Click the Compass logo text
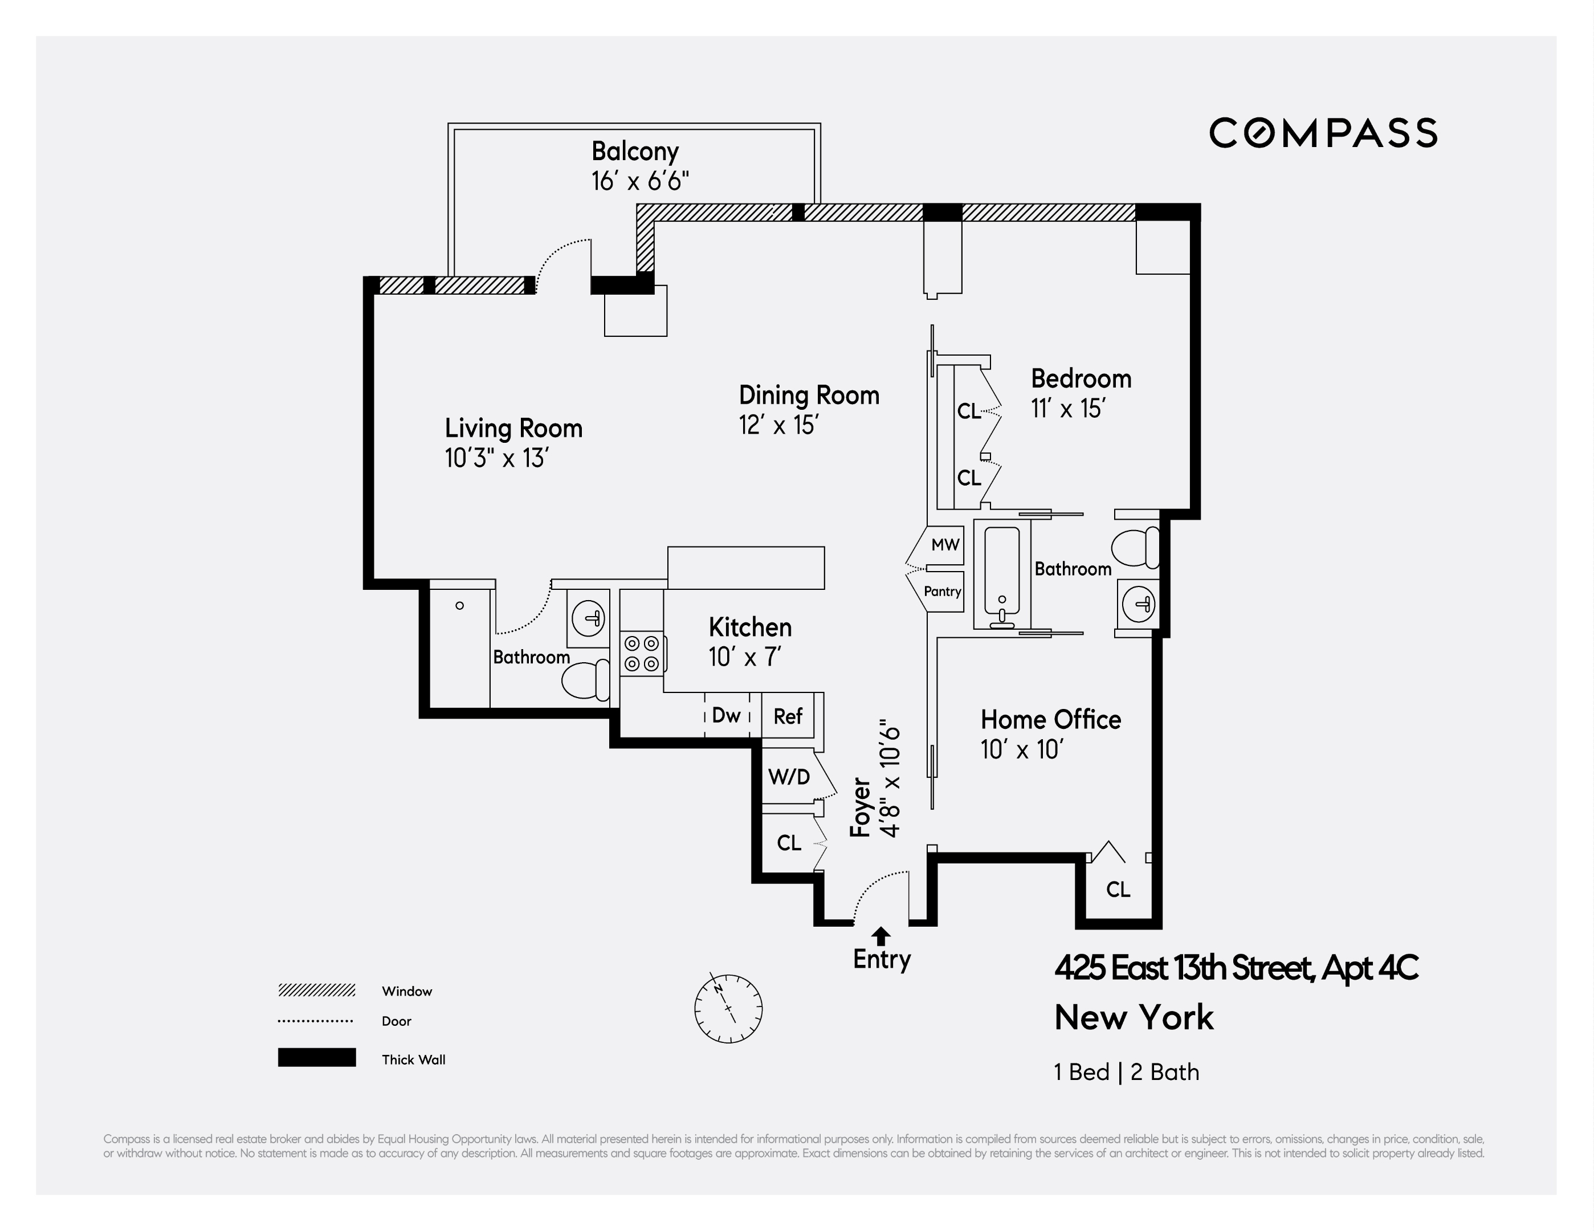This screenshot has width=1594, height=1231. pos(1323,133)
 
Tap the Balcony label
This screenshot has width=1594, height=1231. pos(634,152)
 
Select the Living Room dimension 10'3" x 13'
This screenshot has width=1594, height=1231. pos(496,459)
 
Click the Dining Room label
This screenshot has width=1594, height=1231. pos(809,396)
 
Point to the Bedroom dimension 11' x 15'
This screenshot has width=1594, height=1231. pos(1068,409)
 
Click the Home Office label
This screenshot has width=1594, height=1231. pos(1050,719)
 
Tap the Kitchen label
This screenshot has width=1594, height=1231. pos(749,627)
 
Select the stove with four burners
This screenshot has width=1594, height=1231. pos(642,653)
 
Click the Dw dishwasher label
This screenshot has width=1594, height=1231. pos(726,716)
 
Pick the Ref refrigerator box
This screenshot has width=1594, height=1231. pos(788,716)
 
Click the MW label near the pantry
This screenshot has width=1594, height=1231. pos(945,544)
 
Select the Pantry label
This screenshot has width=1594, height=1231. pos(942,591)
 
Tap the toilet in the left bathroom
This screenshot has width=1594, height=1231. pos(585,679)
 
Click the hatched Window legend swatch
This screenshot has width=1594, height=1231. pos(316,990)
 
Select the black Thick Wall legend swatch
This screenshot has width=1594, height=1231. pos(316,1057)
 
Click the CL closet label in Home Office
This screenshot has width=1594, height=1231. pos(1118,890)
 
